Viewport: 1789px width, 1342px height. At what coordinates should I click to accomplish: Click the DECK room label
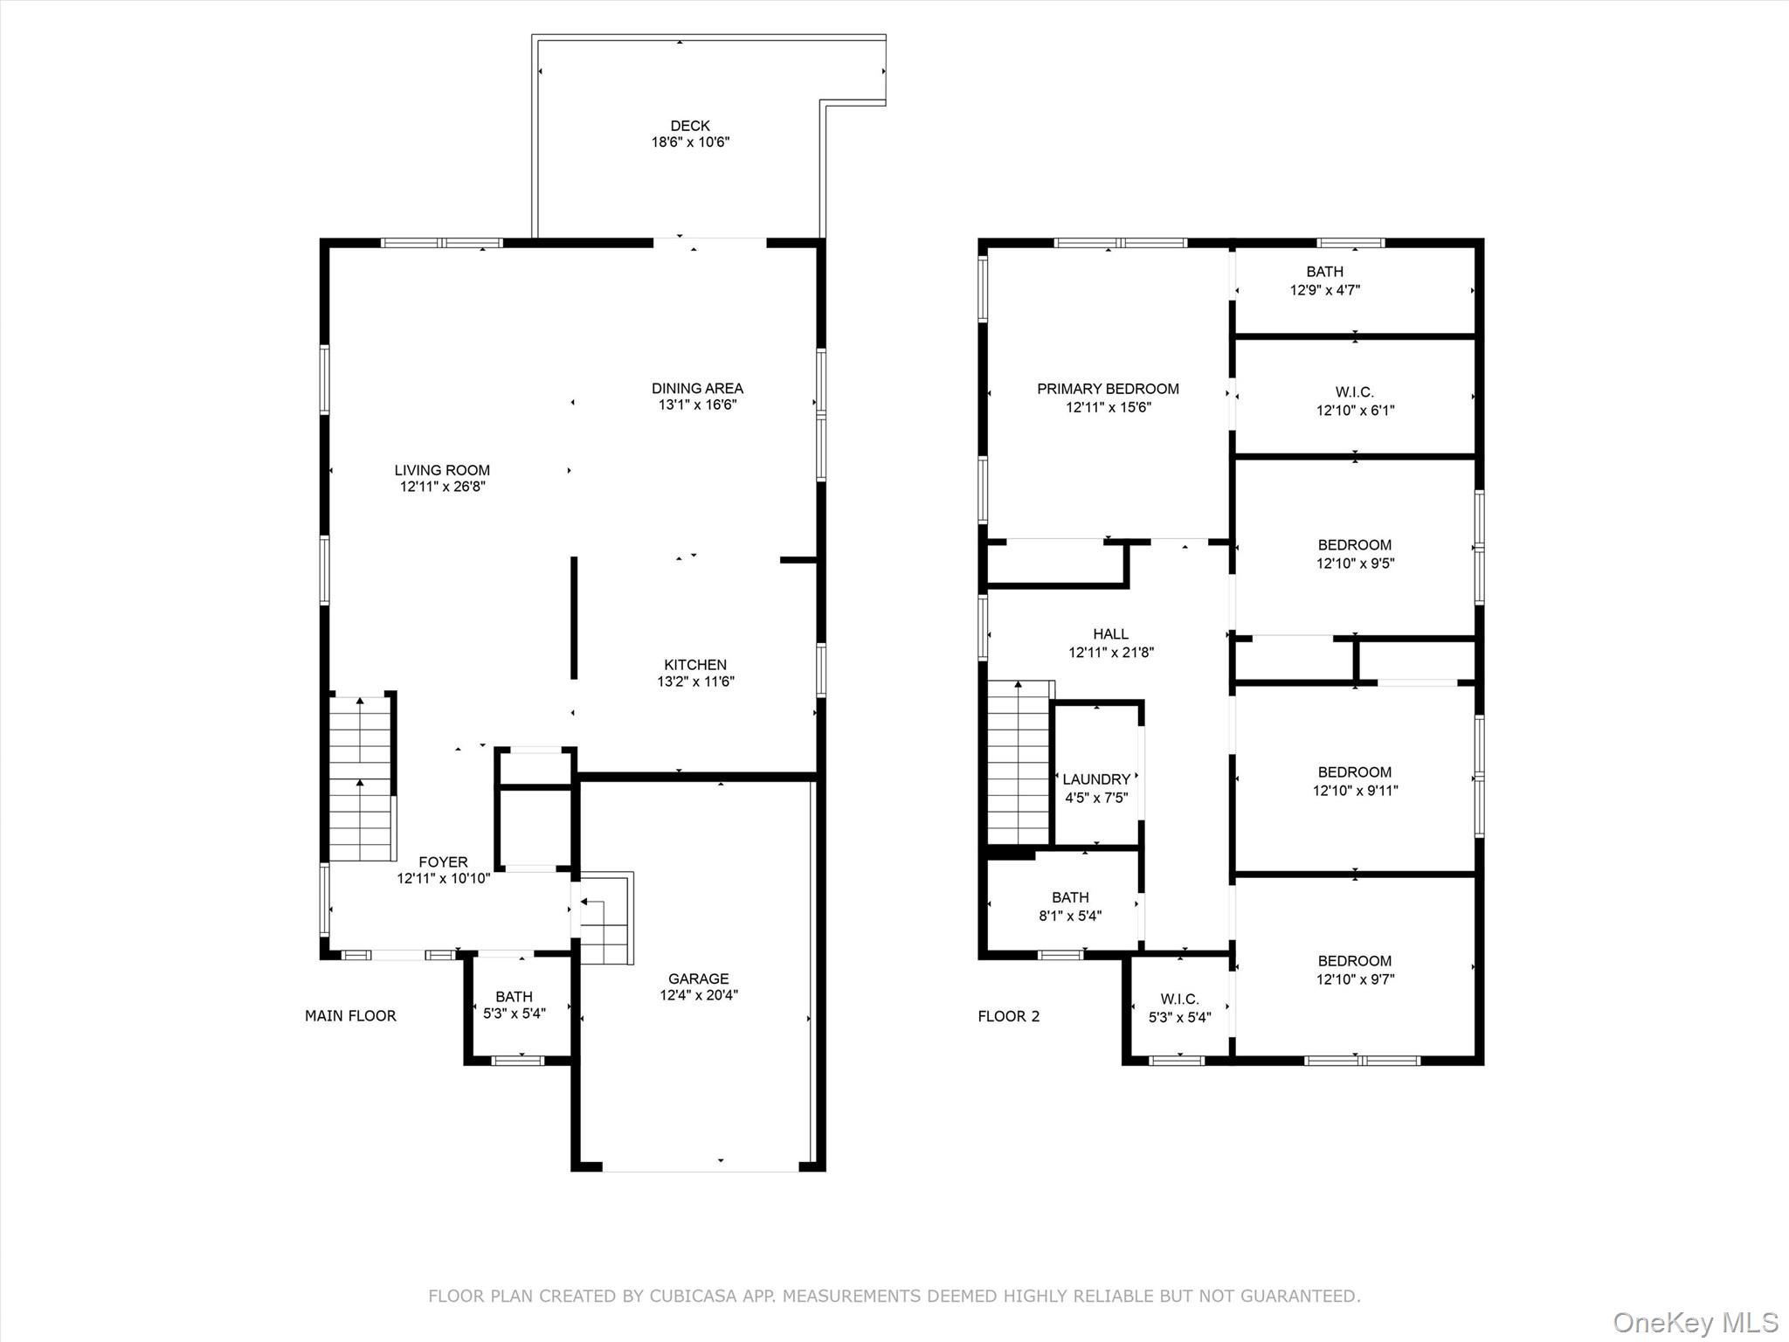pyautogui.click(x=690, y=126)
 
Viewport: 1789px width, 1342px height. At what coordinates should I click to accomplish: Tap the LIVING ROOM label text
pyautogui.click(x=442, y=470)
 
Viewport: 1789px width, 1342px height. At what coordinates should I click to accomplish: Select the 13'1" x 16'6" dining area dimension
pyautogui.click(x=697, y=405)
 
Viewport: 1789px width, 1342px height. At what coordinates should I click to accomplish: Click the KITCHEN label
pyautogui.click(x=695, y=665)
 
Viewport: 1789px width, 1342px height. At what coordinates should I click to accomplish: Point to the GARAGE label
pyautogui.click(x=698, y=979)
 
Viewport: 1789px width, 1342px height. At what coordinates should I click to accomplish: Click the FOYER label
pyautogui.click(x=443, y=861)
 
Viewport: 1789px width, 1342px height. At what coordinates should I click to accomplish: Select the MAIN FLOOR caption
pyautogui.click(x=350, y=1015)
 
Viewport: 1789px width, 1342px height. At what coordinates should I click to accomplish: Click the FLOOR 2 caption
pyautogui.click(x=1008, y=1015)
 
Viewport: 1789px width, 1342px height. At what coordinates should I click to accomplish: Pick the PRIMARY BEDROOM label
pyautogui.click(x=1108, y=389)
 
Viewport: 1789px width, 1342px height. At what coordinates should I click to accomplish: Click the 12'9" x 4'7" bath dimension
pyautogui.click(x=1324, y=290)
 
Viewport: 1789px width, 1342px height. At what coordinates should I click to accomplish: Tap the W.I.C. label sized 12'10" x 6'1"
pyautogui.click(x=1354, y=393)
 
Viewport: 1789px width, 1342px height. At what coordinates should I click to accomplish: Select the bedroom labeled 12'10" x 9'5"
pyautogui.click(x=1354, y=545)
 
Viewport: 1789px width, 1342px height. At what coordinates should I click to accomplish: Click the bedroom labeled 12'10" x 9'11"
pyautogui.click(x=1354, y=772)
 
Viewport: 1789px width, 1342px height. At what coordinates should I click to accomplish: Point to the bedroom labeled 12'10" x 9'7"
pyautogui.click(x=1354, y=961)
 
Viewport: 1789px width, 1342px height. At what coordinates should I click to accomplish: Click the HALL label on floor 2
pyautogui.click(x=1110, y=633)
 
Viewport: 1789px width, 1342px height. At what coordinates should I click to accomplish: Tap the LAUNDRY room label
pyautogui.click(x=1096, y=779)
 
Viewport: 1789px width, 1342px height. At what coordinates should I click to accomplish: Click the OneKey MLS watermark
pyautogui.click(x=1695, y=1322)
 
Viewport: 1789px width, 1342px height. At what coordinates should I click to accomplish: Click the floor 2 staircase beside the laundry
pyautogui.click(x=1019, y=764)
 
